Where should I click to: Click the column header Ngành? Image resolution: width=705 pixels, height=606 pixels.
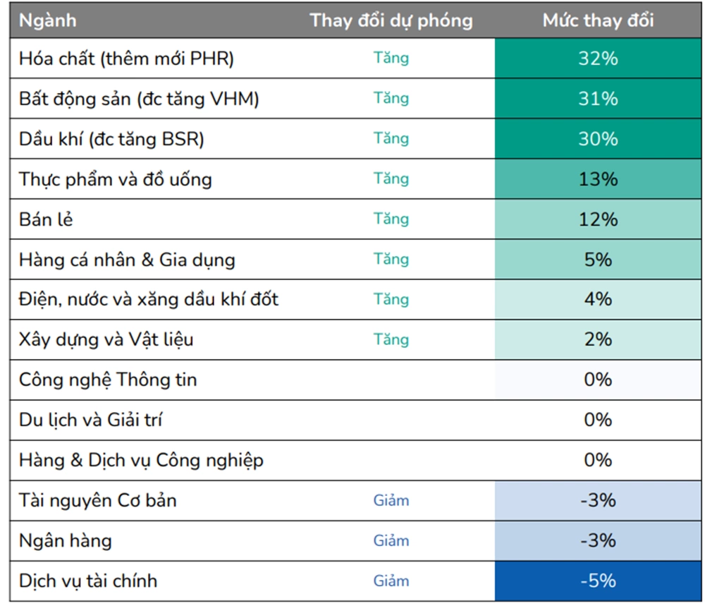48,20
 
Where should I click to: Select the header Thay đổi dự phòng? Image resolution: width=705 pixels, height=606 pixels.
391,20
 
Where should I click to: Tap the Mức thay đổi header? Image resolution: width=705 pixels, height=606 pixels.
598,20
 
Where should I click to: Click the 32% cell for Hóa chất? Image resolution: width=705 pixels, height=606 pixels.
598,58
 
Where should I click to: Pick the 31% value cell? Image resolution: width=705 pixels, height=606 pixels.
598,98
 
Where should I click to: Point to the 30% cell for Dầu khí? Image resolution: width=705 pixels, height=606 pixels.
598,138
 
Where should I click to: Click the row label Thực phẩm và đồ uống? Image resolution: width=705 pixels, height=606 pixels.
115,179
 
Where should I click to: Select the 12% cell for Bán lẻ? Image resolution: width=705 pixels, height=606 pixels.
598,219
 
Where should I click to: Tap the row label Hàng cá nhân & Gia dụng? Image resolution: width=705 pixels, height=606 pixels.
127,260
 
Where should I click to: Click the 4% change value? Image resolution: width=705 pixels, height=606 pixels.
598,299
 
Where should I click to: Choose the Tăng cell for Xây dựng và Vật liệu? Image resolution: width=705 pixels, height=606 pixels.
391,339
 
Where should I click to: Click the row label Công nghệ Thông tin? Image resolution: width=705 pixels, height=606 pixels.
108,380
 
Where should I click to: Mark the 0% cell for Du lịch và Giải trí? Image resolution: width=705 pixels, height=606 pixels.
598,420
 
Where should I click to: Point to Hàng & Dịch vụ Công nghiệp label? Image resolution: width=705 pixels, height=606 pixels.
141,460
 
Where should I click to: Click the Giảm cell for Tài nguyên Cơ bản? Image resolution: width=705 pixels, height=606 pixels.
391,500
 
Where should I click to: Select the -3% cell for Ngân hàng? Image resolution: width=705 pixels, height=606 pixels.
598,540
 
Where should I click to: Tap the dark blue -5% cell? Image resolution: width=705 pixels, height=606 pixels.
598,581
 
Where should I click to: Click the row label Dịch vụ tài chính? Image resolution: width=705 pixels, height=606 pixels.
88,581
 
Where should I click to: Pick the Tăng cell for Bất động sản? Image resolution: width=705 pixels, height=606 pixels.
391,98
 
